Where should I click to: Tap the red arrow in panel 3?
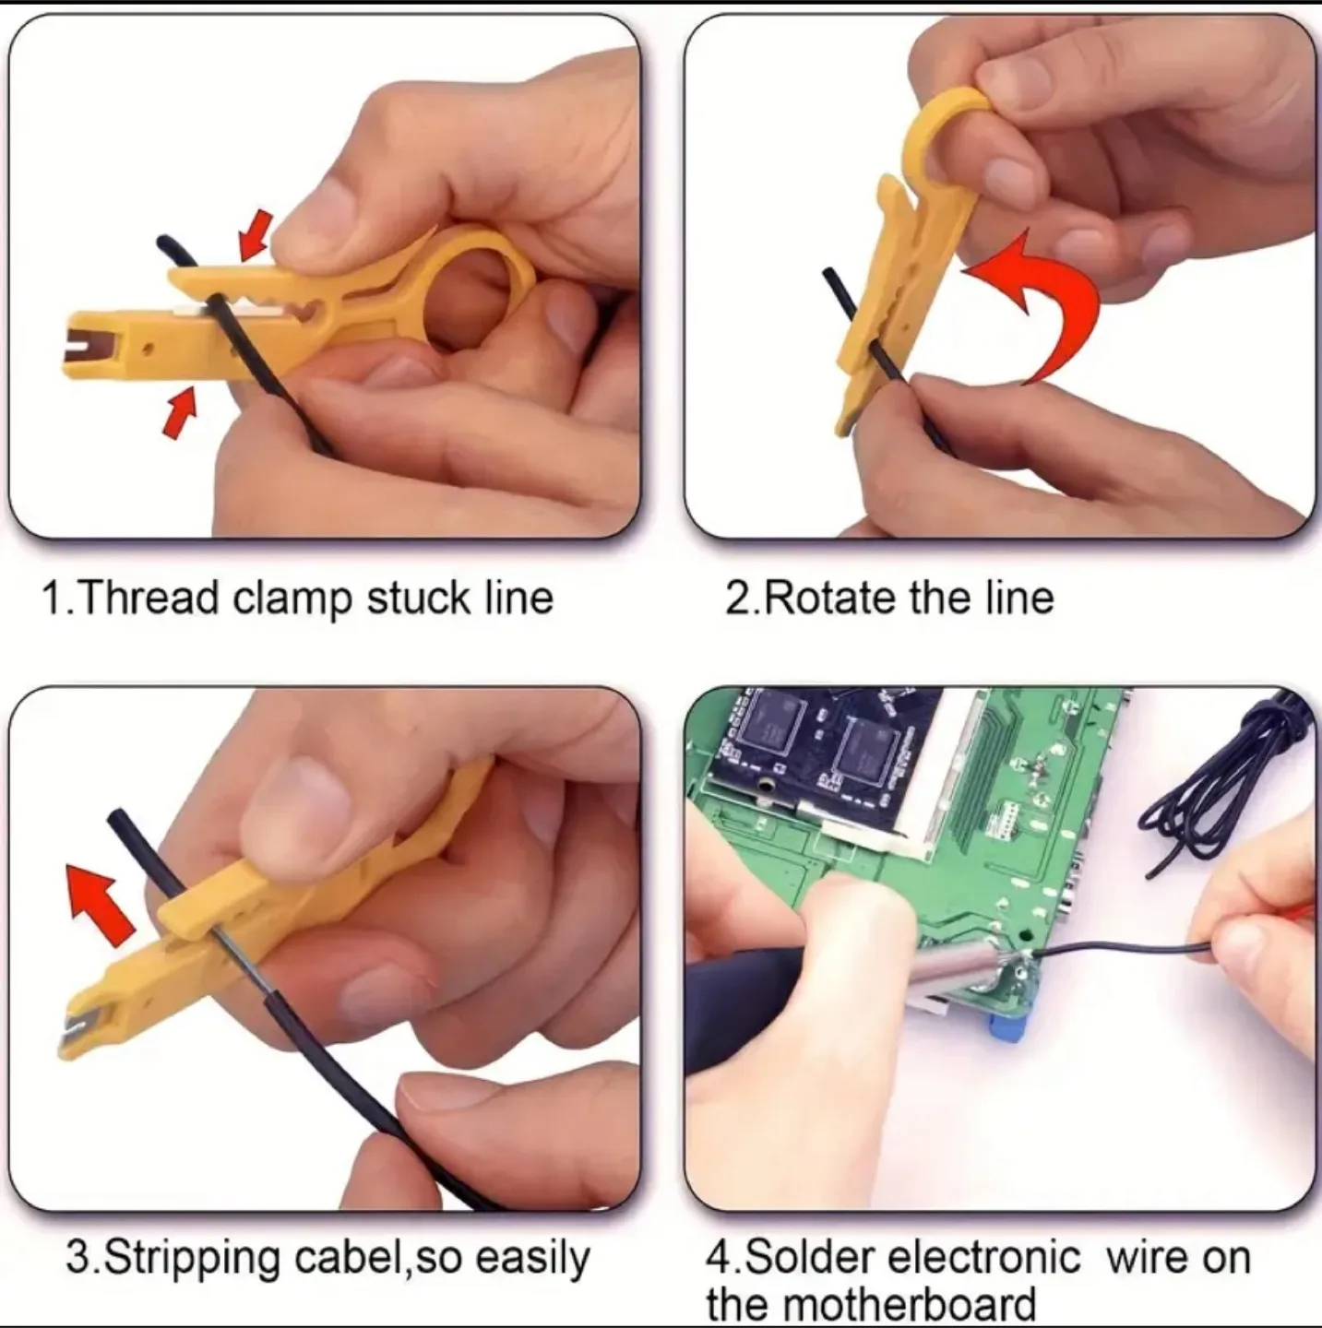(x=103, y=900)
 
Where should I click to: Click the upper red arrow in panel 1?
(x=255, y=234)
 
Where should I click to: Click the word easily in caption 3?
(x=532, y=1259)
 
